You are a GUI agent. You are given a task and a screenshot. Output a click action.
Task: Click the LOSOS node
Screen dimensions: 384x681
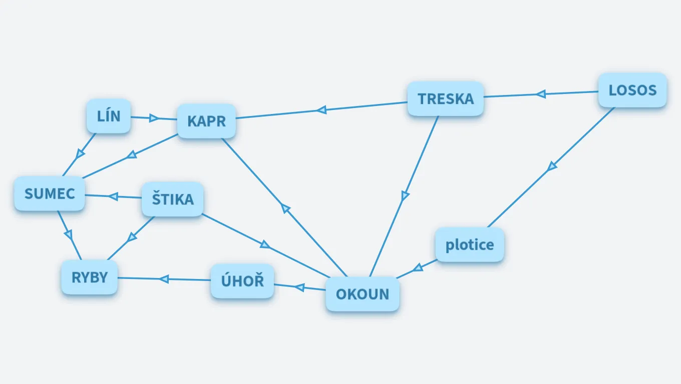632,90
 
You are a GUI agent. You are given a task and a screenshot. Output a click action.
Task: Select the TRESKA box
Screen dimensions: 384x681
446,99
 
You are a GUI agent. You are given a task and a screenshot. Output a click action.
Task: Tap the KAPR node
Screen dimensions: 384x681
206,121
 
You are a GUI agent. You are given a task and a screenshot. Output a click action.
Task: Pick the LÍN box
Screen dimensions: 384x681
109,116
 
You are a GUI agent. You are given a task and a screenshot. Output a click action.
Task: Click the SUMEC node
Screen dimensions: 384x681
50,193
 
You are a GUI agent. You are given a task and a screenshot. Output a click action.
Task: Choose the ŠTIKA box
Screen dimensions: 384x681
173,199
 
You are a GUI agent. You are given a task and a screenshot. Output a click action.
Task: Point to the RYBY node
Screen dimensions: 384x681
90,277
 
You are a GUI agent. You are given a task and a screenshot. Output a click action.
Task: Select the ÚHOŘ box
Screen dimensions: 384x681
242,281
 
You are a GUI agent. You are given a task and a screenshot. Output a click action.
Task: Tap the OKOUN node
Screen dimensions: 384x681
363,294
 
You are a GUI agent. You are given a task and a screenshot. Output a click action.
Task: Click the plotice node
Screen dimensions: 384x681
470,245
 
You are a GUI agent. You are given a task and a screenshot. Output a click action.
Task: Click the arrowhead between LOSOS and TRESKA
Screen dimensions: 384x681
541,93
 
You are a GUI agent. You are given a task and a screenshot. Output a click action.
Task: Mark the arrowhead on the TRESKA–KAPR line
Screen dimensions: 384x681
321,109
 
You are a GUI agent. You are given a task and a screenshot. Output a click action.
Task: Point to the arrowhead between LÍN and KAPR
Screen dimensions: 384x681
154,118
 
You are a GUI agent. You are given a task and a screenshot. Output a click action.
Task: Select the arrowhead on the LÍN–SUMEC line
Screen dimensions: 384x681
80,154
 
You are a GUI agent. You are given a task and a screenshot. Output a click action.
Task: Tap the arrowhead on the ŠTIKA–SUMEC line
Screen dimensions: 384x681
113,196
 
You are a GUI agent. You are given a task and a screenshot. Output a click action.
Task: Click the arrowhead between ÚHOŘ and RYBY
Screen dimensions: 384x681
164,278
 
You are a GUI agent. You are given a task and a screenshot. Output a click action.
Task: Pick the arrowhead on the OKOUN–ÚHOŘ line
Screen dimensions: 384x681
299,287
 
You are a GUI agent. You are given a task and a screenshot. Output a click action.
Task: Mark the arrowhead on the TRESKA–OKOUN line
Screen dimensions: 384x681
405,195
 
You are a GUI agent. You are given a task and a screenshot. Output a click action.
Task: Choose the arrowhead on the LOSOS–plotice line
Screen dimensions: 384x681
551,166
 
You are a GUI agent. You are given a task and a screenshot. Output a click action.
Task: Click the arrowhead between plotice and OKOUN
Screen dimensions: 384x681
418,268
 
